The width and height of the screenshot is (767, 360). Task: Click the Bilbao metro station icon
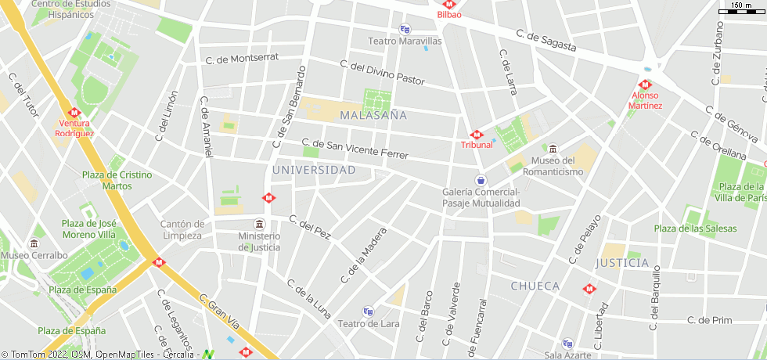[449, 4]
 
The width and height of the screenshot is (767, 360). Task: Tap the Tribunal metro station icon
[477, 135]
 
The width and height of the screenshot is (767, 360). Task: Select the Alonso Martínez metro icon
[645, 85]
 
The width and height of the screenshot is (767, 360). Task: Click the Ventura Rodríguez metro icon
[74, 112]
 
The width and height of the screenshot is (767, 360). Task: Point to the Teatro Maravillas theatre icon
[405, 30]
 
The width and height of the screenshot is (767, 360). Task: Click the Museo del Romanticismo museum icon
[553, 149]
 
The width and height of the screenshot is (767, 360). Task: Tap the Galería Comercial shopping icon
[481, 179]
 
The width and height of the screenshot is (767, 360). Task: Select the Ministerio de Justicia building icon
[259, 224]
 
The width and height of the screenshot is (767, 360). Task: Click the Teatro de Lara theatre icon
[368, 311]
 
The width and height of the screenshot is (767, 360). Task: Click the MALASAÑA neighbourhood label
[374, 115]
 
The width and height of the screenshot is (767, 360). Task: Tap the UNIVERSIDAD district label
[314, 170]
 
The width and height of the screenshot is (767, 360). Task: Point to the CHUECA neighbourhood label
[535, 286]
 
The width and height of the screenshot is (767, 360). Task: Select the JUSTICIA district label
[622, 262]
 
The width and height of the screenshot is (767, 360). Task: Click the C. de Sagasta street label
[546, 41]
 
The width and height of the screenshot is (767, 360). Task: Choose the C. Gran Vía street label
[218, 310]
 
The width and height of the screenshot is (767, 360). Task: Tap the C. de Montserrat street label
[242, 59]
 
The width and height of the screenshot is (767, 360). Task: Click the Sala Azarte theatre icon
[568, 343]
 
